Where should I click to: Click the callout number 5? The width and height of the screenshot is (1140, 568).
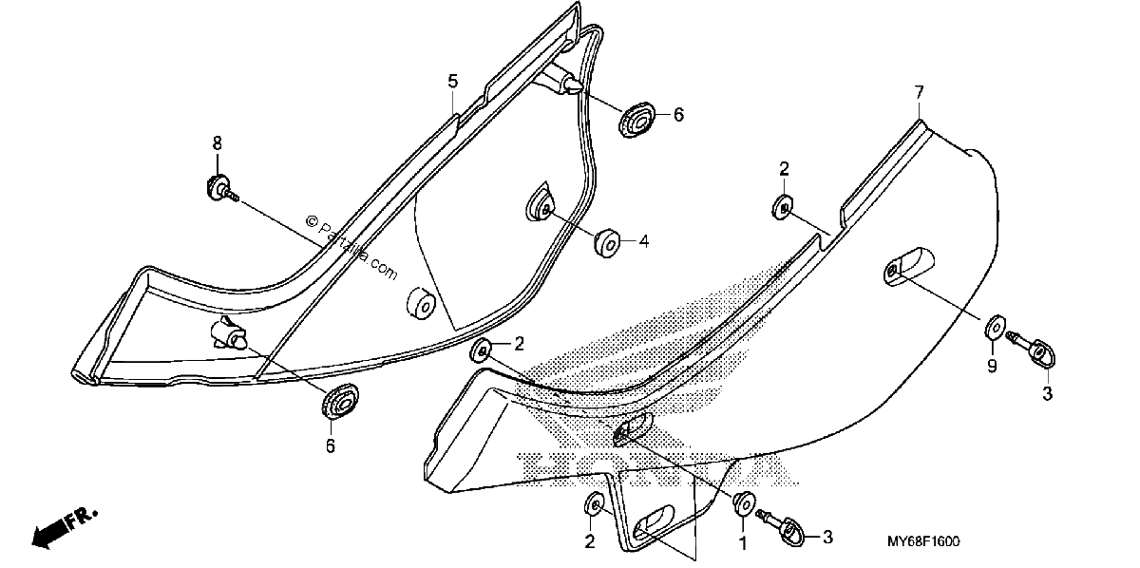452,82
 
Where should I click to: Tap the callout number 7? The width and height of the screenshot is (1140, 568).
919,93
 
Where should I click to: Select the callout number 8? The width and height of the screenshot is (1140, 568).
218,143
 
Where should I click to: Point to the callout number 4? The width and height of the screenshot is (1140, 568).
644,241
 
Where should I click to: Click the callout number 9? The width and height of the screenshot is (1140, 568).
992,366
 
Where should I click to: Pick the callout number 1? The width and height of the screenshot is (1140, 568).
743,543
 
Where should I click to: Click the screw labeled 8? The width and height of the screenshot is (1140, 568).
222,189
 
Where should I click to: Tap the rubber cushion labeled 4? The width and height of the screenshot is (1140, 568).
607,244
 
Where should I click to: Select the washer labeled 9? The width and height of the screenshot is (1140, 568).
996,329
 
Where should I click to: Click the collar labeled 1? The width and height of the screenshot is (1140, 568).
744,503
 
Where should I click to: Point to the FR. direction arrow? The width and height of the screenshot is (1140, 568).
65,529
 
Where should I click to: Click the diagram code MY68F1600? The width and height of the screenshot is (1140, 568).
923,541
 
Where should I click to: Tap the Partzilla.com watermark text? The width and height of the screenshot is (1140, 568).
351,247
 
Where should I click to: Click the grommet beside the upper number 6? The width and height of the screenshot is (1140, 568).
637,120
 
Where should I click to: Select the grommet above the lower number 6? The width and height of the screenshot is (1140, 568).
340,401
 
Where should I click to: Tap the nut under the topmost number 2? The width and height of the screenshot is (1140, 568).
782,208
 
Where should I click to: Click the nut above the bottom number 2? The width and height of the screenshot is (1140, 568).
594,505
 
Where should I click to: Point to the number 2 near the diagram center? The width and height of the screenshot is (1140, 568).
519,344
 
